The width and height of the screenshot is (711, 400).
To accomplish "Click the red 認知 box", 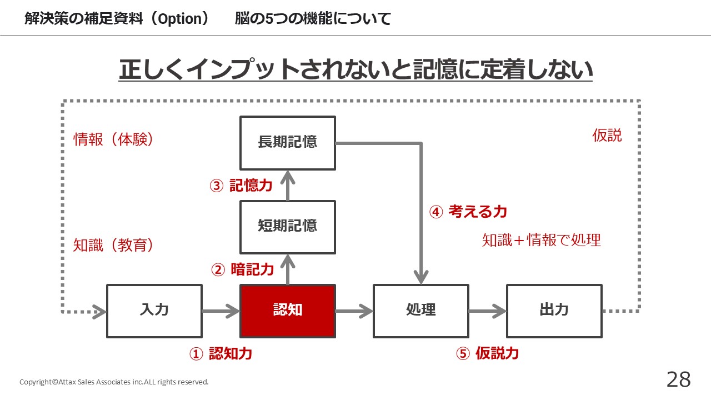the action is click(288, 311).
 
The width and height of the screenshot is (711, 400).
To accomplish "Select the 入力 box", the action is click(154, 311).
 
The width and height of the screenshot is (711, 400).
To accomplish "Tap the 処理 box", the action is click(421, 311).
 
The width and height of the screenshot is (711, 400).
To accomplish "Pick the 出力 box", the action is click(554, 311).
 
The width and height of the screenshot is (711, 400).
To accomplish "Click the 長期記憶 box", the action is click(288, 143).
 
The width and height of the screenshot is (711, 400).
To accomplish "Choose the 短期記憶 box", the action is click(288, 227).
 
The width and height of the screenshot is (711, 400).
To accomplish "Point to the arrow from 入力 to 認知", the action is click(221, 311).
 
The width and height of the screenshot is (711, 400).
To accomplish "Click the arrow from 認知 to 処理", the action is click(354, 311).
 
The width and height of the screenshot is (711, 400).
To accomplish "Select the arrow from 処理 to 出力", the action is click(488, 311).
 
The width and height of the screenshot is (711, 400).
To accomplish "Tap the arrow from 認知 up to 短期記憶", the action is click(288, 269).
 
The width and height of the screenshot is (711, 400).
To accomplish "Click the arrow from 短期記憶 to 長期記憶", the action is click(288, 186).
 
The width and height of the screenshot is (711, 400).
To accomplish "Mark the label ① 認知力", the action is click(221, 353).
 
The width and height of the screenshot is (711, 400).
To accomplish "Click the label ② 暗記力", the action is click(243, 269).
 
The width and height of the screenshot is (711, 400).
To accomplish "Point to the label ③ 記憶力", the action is click(241, 186).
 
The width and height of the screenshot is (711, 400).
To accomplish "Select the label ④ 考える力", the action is click(468, 212).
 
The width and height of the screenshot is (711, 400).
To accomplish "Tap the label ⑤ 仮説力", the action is click(488, 353).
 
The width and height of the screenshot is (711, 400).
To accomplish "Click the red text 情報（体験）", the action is click(113, 139).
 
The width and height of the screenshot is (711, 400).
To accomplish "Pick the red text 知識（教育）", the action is click(113, 245).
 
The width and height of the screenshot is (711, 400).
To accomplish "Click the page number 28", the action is click(679, 379).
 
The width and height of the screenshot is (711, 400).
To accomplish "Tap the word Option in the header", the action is click(180, 19).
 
